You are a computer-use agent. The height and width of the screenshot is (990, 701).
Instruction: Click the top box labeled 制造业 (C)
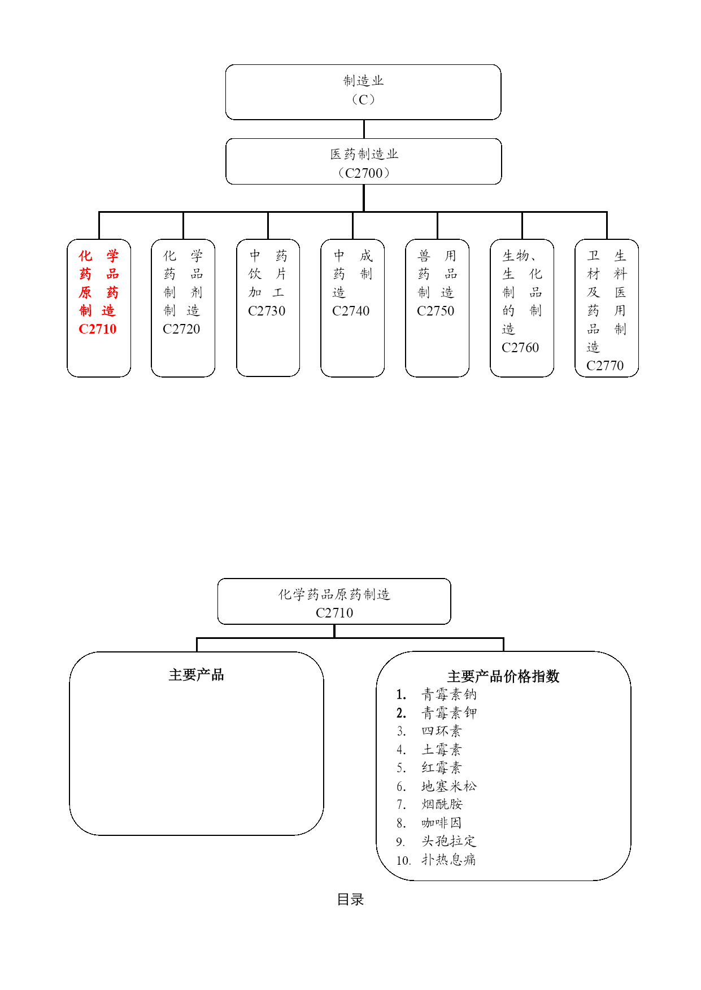pyautogui.click(x=363, y=92)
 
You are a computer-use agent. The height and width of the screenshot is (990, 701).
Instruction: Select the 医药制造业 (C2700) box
pyautogui.click(x=363, y=161)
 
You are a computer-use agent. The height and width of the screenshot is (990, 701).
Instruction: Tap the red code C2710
pyautogui.click(x=98, y=329)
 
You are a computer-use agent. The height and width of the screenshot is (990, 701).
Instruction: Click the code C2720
pyautogui.click(x=181, y=329)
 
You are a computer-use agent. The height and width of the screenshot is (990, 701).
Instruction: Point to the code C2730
pyautogui.click(x=267, y=311)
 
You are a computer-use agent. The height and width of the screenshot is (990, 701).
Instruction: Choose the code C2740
pyautogui.click(x=351, y=311)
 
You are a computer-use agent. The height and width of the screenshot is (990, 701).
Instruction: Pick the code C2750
pyautogui.click(x=436, y=311)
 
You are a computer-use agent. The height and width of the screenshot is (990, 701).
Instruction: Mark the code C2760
pyautogui.click(x=520, y=348)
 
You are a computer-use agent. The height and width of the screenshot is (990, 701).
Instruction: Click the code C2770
pyautogui.click(x=605, y=366)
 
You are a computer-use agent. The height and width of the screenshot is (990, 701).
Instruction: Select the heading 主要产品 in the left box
pyautogui.click(x=197, y=674)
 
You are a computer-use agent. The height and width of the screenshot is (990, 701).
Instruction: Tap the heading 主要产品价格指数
pyautogui.click(x=503, y=676)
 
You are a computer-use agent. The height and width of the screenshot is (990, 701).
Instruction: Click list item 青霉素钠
pyautogui.click(x=449, y=694)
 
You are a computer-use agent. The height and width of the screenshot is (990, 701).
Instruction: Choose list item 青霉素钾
pyautogui.click(x=449, y=713)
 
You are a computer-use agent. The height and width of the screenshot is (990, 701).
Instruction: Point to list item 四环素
pyautogui.click(x=442, y=731)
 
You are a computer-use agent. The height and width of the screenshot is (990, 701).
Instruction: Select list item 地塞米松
pyautogui.click(x=449, y=786)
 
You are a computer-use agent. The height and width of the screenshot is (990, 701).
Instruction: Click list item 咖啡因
pyautogui.click(x=442, y=823)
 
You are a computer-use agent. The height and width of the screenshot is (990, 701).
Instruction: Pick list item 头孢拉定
pyautogui.click(x=449, y=841)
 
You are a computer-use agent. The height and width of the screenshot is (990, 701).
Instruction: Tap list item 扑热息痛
pyautogui.click(x=449, y=860)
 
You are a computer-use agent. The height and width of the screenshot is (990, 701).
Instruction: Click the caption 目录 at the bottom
pyautogui.click(x=350, y=899)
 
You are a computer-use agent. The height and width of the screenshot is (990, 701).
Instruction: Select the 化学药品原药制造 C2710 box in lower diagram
pyautogui.click(x=334, y=602)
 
